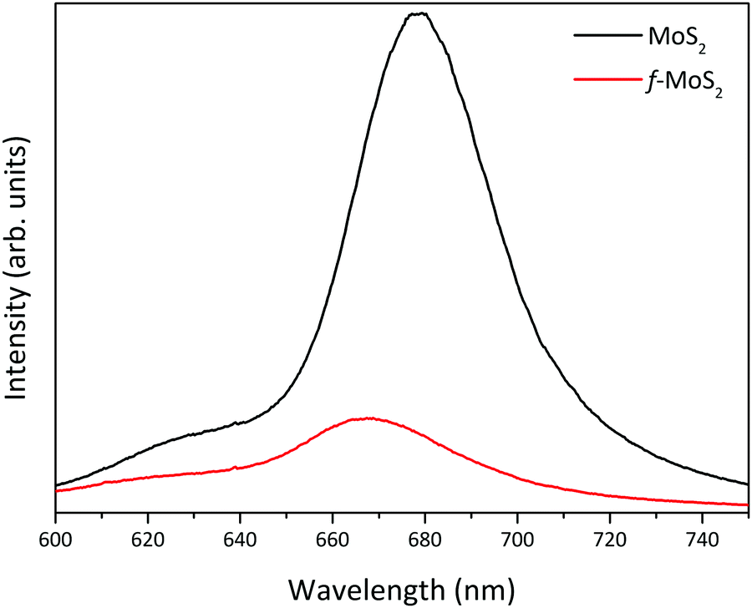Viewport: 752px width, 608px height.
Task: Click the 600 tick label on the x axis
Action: coord(55,540)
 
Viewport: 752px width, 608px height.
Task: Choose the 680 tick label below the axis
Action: coord(424,540)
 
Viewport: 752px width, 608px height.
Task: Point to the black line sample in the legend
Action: coord(601,36)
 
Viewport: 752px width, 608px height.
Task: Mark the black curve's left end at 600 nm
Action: coord(56,485)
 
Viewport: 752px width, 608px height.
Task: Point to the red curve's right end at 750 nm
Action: coord(746,504)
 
